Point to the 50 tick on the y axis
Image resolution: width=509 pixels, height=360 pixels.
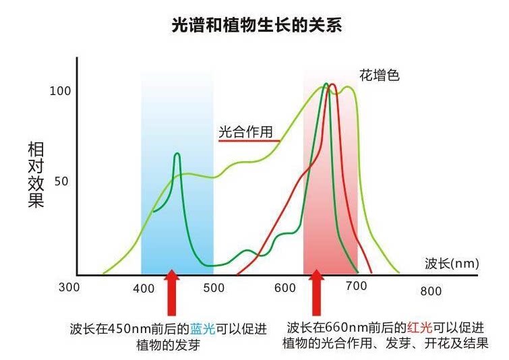pos(61,181)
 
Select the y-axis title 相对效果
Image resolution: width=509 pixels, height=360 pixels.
pos(36,175)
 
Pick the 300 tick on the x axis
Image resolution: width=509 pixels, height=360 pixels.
pos(69,287)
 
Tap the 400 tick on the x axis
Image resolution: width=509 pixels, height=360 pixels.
pos(144,289)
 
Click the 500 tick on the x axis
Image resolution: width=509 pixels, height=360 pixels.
pos(214,289)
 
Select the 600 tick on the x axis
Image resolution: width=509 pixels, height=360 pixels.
pos(285,288)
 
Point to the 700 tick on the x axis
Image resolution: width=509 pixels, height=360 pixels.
pos(357,287)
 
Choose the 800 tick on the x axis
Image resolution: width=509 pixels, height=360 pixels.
pos(431,291)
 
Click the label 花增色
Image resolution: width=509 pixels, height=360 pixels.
pos(380,75)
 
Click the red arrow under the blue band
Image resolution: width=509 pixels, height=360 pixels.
pos(172,293)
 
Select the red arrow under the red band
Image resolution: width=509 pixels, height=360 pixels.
pos(316,293)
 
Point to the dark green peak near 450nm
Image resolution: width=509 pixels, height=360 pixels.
pos(177,154)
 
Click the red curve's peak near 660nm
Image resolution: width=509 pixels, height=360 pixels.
pos(332,85)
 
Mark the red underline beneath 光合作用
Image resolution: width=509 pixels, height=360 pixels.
pos(249,141)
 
